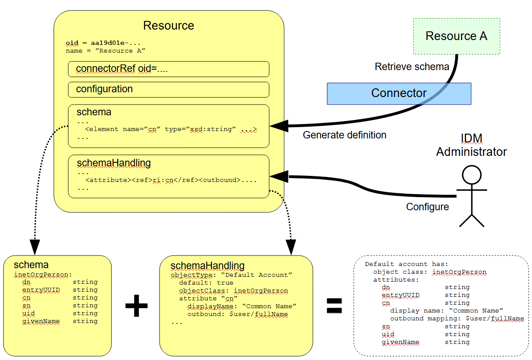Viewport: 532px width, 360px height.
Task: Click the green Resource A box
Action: [x=456, y=36]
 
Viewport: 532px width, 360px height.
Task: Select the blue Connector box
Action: [x=399, y=94]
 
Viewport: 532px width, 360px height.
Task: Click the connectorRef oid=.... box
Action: [x=168, y=69]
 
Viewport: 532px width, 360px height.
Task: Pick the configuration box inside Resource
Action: [x=168, y=89]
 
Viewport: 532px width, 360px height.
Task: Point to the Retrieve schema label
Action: [x=412, y=67]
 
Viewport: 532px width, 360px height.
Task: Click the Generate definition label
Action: [x=344, y=135]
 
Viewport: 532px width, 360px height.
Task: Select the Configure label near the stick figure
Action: [x=427, y=207]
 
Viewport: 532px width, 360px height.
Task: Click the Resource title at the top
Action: [x=168, y=26]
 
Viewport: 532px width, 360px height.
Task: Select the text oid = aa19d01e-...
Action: [x=103, y=43]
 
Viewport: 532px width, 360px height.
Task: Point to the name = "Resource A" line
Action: [x=105, y=51]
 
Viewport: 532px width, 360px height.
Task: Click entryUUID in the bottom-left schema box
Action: [x=41, y=290]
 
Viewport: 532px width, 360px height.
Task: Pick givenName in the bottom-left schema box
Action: [x=41, y=321]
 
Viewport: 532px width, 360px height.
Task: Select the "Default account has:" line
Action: [x=406, y=264]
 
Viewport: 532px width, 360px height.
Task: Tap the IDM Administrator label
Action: [x=471, y=145]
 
